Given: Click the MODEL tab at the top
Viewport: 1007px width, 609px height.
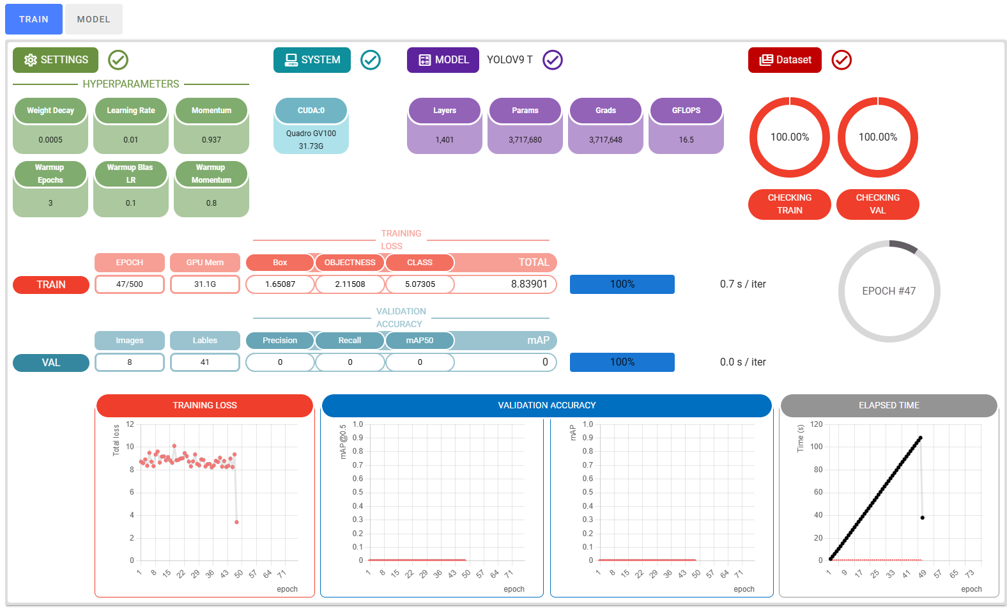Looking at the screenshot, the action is coord(93,19).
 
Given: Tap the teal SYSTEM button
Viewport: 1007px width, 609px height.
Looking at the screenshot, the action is coord(312,60).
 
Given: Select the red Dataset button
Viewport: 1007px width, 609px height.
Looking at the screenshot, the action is coord(785,60).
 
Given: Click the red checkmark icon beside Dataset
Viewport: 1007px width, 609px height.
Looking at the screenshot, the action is coord(841,60).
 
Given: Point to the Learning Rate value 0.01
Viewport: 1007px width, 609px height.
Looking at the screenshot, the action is coord(131,140).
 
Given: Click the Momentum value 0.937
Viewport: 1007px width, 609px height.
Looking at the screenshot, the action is coord(211,140).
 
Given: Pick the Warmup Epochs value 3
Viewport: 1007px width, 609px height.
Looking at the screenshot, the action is coord(50,203).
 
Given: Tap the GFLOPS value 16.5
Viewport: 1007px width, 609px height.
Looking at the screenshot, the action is coord(686,140).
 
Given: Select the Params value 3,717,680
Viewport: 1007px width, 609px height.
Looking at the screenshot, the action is coord(525,140).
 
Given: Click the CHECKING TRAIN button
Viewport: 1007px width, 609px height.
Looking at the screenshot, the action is coord(789,204).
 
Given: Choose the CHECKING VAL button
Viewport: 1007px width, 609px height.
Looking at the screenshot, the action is coord(877,204).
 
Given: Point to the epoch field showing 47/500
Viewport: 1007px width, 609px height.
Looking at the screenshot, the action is coord(130,284).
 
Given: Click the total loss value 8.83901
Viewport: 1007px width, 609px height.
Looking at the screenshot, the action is coord(529,284).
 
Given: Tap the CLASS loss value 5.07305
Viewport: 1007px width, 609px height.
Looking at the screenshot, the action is coord(420,284).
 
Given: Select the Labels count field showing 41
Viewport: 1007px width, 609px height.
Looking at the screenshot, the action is coord(205,362).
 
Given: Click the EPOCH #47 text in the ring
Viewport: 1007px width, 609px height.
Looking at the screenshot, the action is coord(889,291).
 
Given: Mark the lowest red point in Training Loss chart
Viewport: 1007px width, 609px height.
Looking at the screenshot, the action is coord(236,522).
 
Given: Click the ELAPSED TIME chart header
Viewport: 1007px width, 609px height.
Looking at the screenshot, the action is coord(889,405).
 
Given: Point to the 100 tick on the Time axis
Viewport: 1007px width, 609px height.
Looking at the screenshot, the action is coord(817,447).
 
